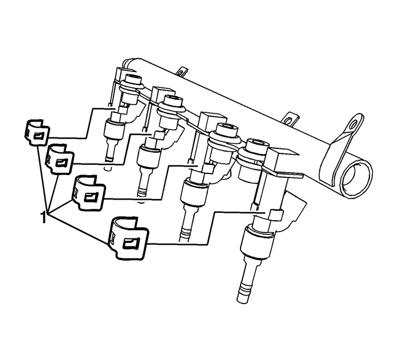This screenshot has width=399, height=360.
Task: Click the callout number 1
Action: pos(43,217)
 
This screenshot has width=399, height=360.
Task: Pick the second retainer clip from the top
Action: pos(59,157)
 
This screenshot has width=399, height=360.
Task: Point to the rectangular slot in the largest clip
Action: pos(131,244)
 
